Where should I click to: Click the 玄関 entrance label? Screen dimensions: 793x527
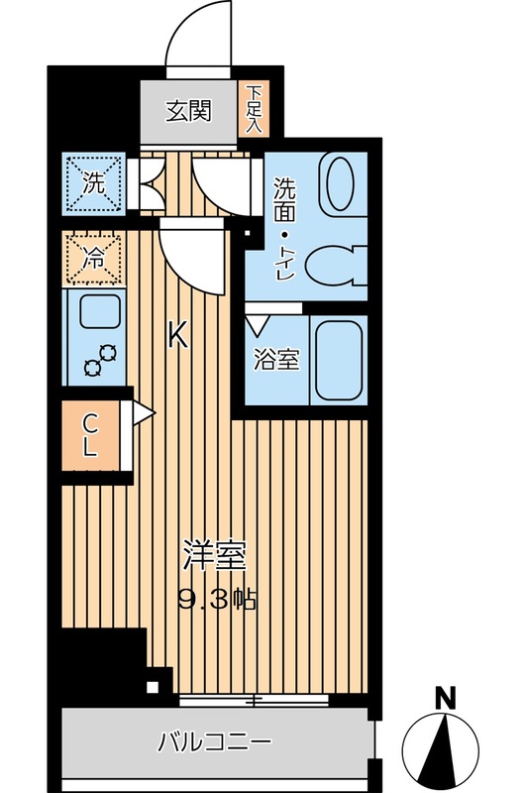188,111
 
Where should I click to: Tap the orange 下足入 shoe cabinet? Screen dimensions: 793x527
253,109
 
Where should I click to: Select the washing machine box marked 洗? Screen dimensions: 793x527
94,182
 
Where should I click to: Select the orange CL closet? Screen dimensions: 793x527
91,433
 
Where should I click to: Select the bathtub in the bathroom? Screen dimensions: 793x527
338,360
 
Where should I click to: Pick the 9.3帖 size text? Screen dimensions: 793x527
217,598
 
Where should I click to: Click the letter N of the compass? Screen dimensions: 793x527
446,698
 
